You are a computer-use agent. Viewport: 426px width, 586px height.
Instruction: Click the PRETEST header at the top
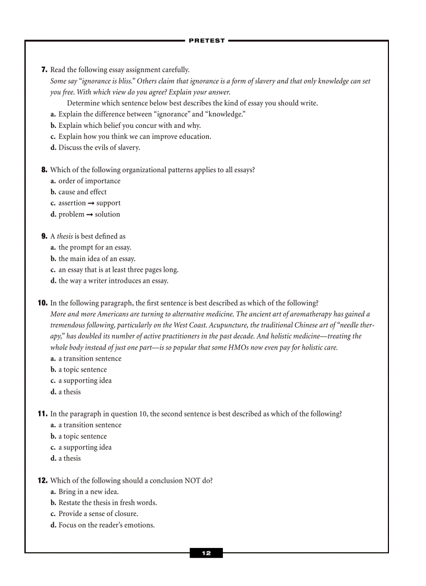[x=206, y=41]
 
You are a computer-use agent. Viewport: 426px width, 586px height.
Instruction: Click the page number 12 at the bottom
[x=206, y=553]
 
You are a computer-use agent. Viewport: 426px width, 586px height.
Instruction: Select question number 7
[x=44, y=70]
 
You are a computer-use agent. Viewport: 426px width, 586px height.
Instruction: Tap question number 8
[x=44, y=170]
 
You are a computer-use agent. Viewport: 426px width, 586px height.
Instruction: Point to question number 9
[x=44, y=236]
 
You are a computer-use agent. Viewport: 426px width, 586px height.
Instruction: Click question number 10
[x=42, y=303]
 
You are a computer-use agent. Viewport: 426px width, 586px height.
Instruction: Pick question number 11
[x=42, y=414]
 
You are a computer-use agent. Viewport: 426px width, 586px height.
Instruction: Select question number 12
[x=42, y=481]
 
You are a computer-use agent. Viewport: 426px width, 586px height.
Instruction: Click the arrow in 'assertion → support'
[x=91, y=204]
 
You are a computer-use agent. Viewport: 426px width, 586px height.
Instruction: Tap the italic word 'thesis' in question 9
[x=65, y=236]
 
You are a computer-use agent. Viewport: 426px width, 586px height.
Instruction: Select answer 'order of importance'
[x=89, y=181]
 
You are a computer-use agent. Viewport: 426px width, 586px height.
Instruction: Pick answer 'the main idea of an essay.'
[x=97, y=259]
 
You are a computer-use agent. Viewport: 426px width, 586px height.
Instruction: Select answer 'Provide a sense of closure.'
[x=98, y=514]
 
